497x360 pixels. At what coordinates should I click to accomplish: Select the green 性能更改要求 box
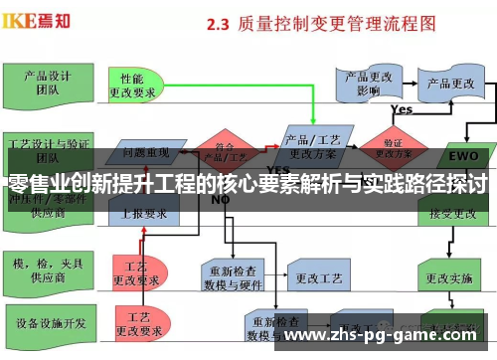click(139, 86)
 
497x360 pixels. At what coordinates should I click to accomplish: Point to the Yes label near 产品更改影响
click(402, 109)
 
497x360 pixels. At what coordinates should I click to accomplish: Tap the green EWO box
click(462, 155)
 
